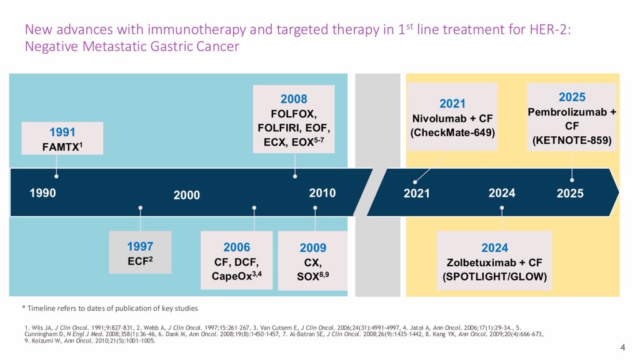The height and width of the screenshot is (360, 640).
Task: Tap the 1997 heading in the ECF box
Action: point(140,246)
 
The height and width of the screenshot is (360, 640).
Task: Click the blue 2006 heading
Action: point(236,247)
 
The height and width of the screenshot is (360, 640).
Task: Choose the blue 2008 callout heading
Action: point(294,99)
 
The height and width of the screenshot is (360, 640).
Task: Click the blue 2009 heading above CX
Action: point(312,248)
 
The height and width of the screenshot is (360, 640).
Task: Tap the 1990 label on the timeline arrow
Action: point(42,193)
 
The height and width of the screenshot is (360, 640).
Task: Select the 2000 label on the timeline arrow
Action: point(186,195)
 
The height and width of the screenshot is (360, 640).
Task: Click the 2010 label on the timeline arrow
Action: point(322,193)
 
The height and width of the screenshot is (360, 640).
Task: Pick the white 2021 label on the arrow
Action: point(416,193)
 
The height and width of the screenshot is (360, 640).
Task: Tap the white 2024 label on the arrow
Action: point(502,193)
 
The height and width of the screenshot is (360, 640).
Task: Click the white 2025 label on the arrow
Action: point(570,193)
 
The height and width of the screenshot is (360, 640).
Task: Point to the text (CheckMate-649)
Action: point(452,132)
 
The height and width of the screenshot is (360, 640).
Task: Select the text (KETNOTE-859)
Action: point(572,141)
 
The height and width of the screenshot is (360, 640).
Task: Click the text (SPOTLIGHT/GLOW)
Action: point(494,276)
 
